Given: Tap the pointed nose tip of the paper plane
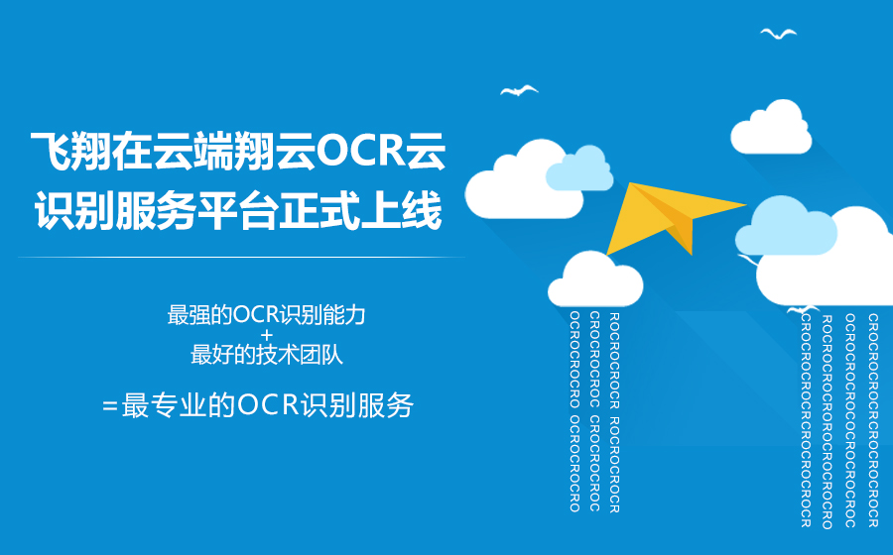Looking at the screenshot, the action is tap(746, 205).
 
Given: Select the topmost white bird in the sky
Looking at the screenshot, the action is tap(779, 34).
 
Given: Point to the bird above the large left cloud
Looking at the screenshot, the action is tap(519, 90).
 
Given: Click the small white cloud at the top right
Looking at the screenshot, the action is tap(771, 128).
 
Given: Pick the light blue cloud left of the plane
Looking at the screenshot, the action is tap(579, 168).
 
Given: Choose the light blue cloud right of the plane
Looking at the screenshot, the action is tap(786, 226).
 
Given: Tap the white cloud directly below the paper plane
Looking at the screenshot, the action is tap(595, 279).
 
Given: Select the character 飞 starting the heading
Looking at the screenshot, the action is tap(51, 152).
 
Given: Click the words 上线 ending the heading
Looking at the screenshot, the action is tap(402, 210).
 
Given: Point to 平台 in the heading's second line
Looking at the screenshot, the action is tap(238, 210).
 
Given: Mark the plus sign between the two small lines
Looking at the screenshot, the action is tap(267, 335).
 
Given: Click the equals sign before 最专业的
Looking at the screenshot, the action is tap(110, 406).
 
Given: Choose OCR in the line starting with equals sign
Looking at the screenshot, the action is tap(268, 405).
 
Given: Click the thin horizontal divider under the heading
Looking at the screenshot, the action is tap(241, 257).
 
